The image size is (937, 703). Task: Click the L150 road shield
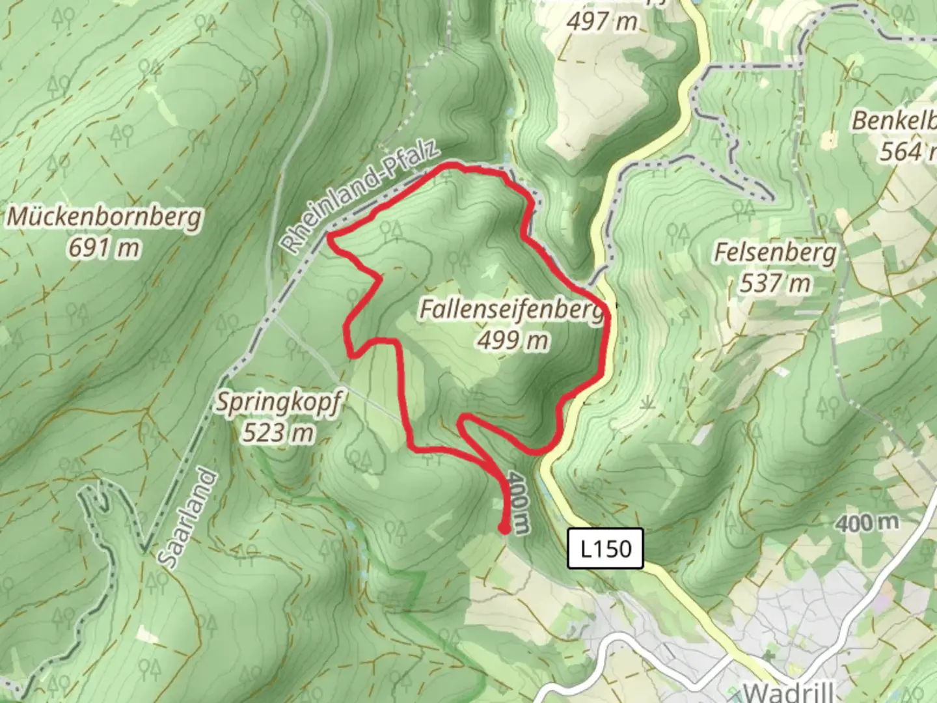(x=605, y=549)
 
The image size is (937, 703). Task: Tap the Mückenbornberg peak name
(x=104, y=217)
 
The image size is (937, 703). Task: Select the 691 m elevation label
(x=104, y=248)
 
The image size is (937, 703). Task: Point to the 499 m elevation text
(x=512, y=340)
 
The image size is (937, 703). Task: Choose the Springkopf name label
(x=278, y=403)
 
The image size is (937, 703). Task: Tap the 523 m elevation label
(x=278, y=432)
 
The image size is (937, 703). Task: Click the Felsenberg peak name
(x=774, y=253)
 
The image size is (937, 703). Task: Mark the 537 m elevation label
(x=775, y=283)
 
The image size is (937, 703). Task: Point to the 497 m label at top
(x=601, y=21)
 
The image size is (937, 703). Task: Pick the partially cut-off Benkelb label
(x=895, y=121)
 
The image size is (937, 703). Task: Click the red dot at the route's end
(x=504, y=529)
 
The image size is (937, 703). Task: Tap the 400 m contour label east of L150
(x=867, y=522)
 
